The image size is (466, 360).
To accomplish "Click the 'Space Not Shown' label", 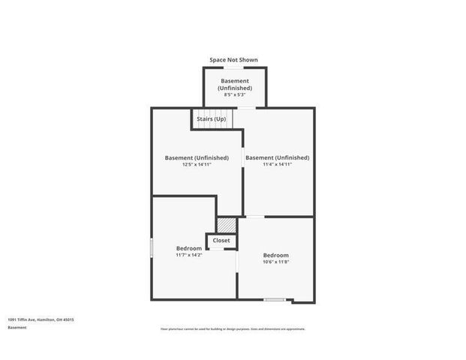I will [233, 59].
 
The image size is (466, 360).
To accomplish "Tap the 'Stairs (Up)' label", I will [211, 119].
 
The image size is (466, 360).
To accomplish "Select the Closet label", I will [221, 240].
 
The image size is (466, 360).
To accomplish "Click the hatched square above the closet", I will [227, 224].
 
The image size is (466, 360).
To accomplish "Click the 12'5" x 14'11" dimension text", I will [197, 164].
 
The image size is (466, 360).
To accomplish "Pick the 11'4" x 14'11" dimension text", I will [277, 164].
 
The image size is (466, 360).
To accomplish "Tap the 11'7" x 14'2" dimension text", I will [189, 255].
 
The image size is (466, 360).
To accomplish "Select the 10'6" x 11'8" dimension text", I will [275, 262].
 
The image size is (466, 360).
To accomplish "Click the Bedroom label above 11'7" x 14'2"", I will [189, 248].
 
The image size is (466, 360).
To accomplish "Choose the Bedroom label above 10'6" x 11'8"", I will [275, 255].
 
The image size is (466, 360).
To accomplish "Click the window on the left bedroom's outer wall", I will [152, 247].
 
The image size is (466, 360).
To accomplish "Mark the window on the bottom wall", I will [275, 300].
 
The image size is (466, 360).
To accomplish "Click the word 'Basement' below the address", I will [17, 328].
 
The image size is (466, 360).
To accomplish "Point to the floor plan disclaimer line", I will [233, 328].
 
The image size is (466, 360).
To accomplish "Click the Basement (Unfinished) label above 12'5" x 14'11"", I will [197, 157].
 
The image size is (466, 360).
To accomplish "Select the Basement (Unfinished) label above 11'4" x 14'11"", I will [277, 157].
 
